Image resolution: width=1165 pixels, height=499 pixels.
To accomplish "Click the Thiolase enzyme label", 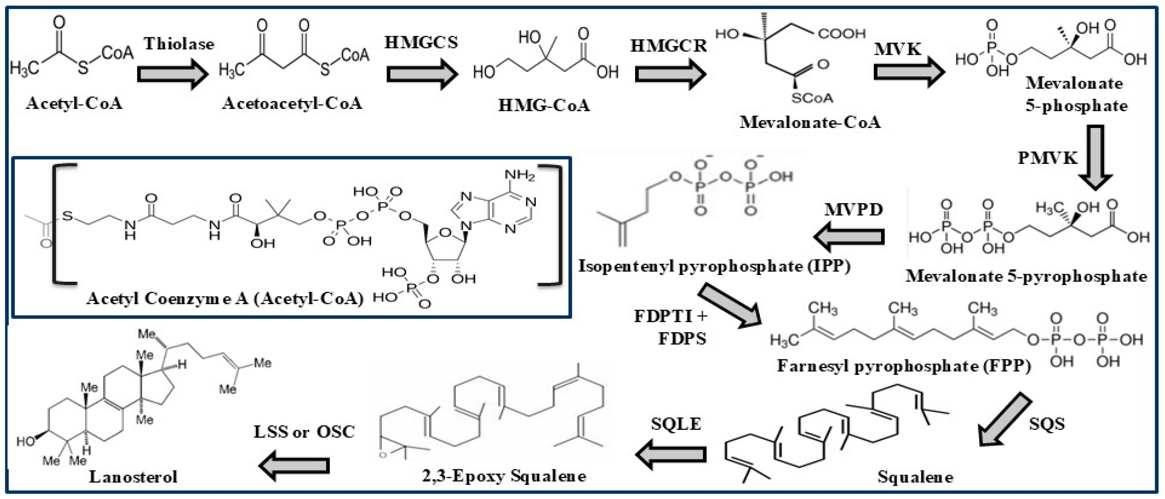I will pyautogui.click(x=179, y=44).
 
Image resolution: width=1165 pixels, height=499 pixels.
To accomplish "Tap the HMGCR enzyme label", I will pyautogui.click(x=668, y=46).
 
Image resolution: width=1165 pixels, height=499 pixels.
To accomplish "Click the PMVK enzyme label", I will pyautogui.click(x=1047, y=158).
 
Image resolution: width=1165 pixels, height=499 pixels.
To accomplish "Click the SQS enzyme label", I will pyautogui.click(x=1046, y=424).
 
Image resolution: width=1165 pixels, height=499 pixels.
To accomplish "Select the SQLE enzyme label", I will pyautogui.click(x=676, y=424).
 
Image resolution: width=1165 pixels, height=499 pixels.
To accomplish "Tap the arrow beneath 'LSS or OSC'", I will pyautogui.click(x=294, y=465).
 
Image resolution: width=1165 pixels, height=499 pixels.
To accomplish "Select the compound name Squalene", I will pyautogui.click(x=915, y=477).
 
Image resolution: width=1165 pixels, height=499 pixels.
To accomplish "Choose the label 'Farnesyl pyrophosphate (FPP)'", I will pyautogui.click(x=904, y=366).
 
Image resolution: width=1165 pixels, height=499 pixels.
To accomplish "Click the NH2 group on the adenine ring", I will pyautogui.click(x=520, y=175).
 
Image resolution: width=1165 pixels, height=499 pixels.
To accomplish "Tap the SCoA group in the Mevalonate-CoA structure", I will pyautogui.click(x=812, y=98).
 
